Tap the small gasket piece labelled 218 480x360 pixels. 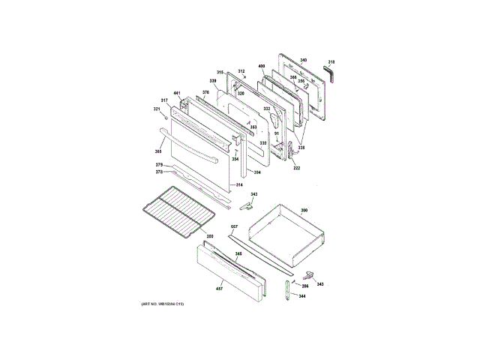pyautogui.click(x=329, y=73)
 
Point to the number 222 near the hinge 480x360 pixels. pyautogui.click(x=296, y=168)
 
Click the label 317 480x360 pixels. pyautogui.click(x=164, y=100)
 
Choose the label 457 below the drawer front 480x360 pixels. pyautogui.click(x=220, y=289)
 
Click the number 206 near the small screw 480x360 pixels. pyautogui.click(x=305, y=286)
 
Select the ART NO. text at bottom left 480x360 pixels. pyautogui.click(x=162, y=303)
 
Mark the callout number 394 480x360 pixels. pyautogui.click(x=256, y=173)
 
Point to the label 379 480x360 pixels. pyautogui.click(x=159, y=164)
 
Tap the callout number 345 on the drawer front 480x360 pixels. pyautogui.click(x=238, y=254)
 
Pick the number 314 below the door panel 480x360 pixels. pyautogui.click(x=238, y=184)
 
